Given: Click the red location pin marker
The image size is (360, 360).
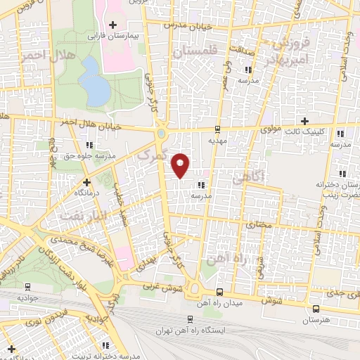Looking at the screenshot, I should [x=181, y=165].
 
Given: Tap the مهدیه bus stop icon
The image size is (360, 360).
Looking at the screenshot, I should [x=218, y=129].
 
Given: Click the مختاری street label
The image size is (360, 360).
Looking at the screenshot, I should [x=261, y=224].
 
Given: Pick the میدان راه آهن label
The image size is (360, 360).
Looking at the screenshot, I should [x=219, y=303].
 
